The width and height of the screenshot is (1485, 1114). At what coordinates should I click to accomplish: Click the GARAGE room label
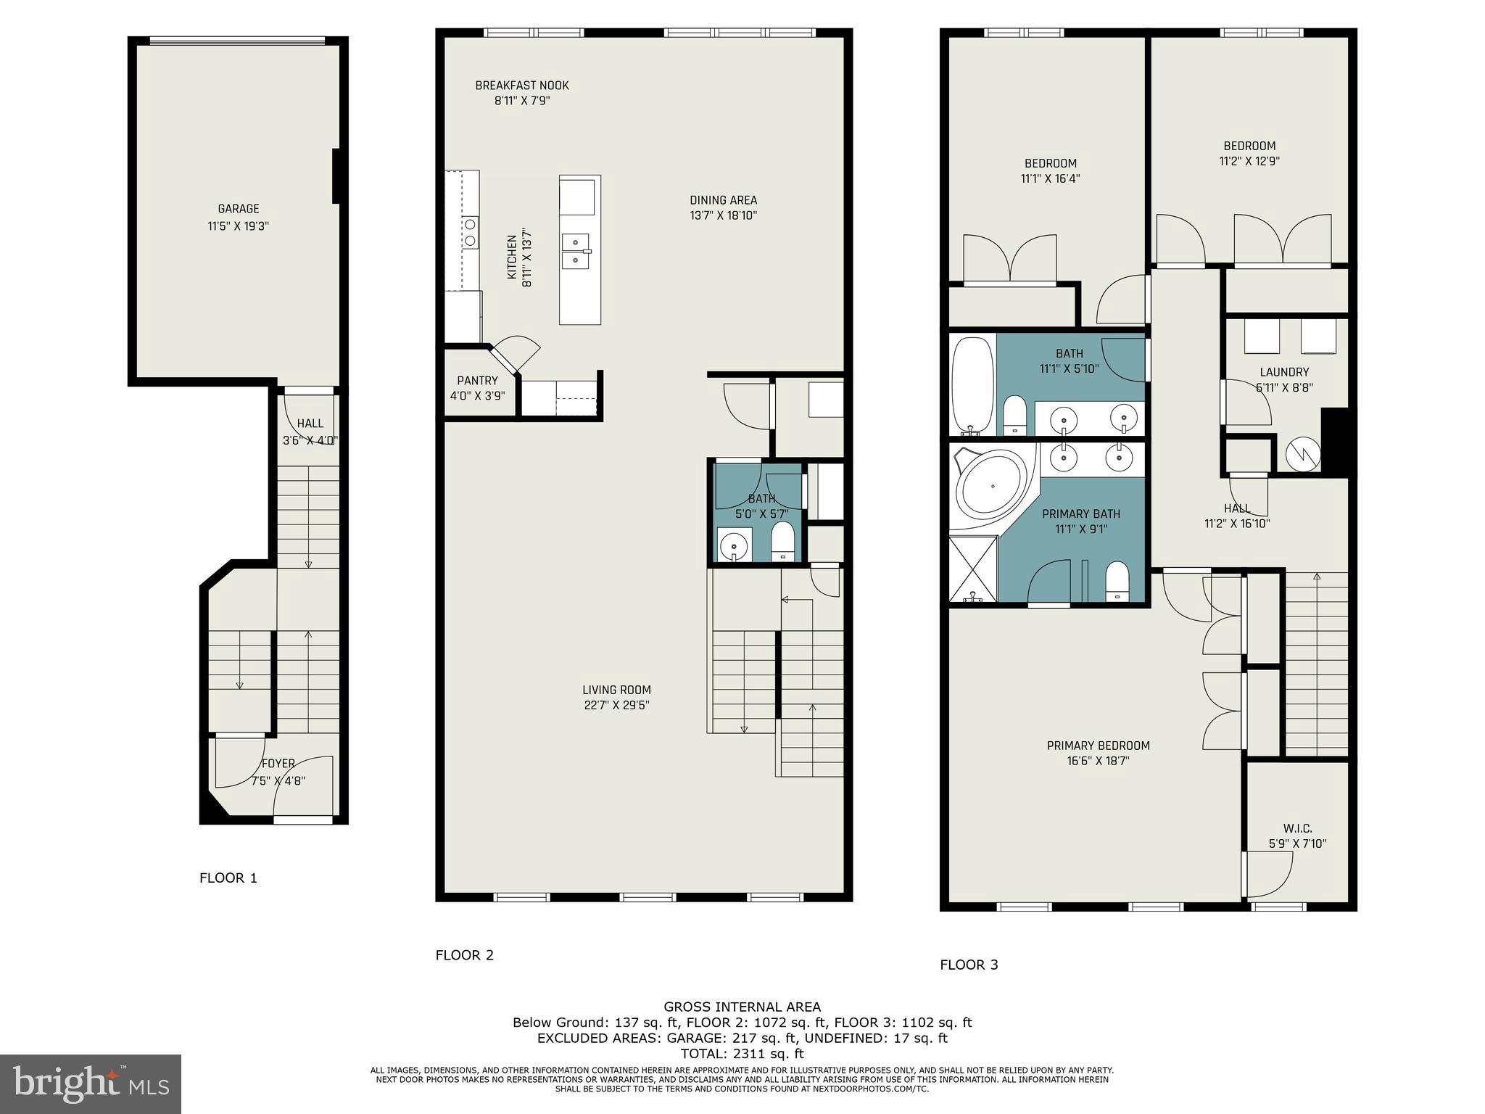pos(238,209)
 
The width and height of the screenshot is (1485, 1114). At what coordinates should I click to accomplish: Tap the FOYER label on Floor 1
pos(278,764)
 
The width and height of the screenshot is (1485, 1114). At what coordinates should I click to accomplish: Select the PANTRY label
pos(477,381)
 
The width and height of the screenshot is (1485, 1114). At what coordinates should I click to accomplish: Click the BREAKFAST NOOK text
pos(522,86)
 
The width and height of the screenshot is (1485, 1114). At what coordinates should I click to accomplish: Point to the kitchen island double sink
pos(576,250)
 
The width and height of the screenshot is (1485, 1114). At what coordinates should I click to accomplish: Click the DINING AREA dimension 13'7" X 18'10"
pos(723,215)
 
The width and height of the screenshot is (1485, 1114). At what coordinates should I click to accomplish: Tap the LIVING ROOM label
pos(616,690)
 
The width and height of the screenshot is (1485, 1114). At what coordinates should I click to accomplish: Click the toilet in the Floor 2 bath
pos(783,543)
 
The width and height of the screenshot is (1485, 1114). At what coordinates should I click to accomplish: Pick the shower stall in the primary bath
pos(973,570)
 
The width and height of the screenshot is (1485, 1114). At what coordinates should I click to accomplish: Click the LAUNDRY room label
pos(1284,372)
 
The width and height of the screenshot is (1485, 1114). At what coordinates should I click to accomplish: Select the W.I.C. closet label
pos(1297,828)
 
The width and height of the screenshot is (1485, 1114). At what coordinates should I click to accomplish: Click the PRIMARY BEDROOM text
pos(1098,746)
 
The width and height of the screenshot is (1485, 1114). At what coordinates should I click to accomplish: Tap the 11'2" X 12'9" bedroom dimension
pos(1249,162)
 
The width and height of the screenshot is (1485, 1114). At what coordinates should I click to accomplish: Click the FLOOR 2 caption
pos(464,955)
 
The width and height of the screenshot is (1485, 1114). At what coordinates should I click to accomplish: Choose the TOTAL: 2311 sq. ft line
pos(742,1054)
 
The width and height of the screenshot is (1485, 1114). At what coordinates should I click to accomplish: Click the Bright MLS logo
pos(91,1084)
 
